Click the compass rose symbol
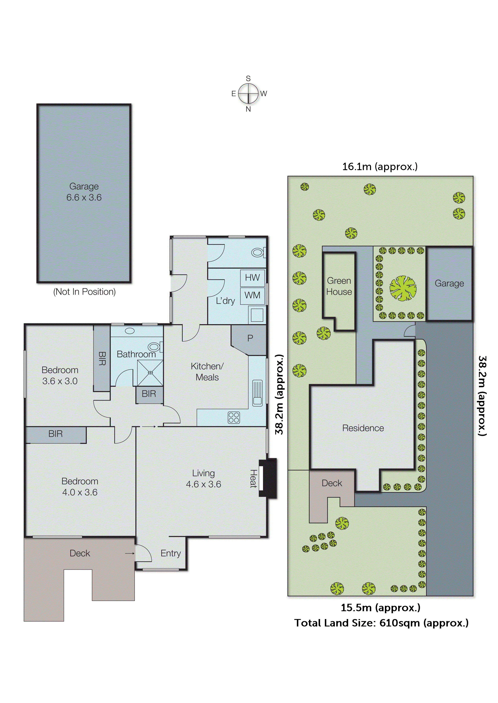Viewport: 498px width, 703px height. point(248,94)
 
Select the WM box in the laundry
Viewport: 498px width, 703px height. point(252,295)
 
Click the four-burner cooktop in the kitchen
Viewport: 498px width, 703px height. point(234,418)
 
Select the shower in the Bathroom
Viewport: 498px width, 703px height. point(150,373)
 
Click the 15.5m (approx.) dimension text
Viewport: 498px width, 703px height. point(380,607)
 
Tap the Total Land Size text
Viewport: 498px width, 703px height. point(381,623)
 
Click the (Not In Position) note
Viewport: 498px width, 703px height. point(84,292)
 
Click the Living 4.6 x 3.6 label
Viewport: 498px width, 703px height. point(203,479)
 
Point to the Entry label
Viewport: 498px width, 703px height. point(171,553)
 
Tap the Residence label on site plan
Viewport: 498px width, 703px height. point(363,428)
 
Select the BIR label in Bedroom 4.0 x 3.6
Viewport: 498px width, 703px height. point(55,434)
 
